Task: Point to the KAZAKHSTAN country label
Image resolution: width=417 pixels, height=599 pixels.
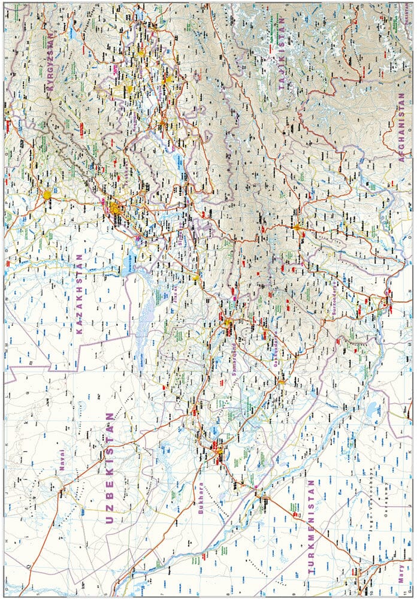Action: point(80,294)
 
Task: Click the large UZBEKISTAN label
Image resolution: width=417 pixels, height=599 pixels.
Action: point(109,468)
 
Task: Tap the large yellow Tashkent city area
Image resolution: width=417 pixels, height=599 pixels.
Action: point(114,208)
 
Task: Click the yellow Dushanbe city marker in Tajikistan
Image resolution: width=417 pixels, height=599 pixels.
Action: point(297,227)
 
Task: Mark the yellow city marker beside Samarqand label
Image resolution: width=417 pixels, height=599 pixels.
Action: point(228,323)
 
